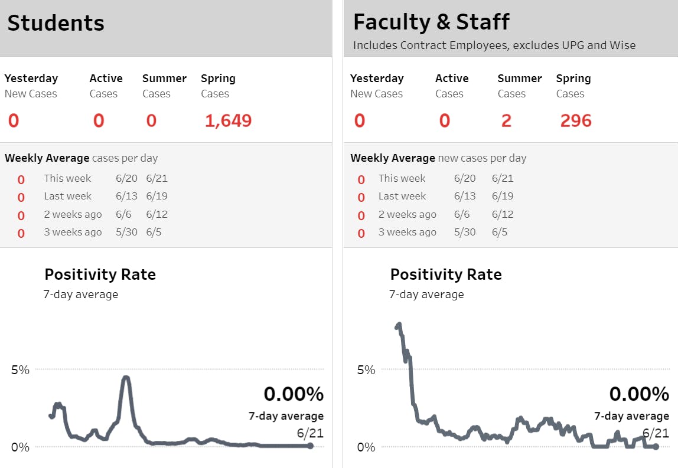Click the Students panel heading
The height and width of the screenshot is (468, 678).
click(56, 24)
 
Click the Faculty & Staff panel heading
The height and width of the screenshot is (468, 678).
click(431, 22)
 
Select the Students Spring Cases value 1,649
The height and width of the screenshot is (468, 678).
click(228, 121)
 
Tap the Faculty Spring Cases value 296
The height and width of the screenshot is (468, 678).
click(576, 121)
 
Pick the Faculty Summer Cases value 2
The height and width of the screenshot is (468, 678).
click(506, 121)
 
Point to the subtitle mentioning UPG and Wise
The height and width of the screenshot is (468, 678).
click(494, 45)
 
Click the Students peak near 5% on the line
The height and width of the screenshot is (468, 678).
click(125, 378)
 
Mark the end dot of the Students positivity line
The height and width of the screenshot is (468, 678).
click(310, 446)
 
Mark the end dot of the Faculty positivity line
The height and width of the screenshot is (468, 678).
click(656, 446)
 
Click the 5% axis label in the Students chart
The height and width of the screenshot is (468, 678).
click(20, 370)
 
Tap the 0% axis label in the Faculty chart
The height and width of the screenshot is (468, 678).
click(366, 447)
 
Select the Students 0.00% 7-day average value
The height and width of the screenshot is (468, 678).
click(294, 394)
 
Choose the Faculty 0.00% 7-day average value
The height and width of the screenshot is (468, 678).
click(639, 394)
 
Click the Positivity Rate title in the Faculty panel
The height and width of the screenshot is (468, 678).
click(446, 274)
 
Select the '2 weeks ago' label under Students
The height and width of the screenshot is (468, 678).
click(73, 214)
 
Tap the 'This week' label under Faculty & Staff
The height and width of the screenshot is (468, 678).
click(402, 178)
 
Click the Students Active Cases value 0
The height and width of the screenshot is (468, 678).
click(99, 121)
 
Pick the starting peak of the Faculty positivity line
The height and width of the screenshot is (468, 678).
click(399, 324)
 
